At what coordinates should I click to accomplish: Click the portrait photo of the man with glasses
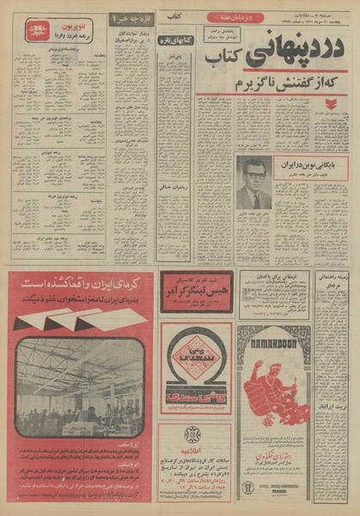coord(254,183)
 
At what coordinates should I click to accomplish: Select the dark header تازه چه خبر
coord(132,16)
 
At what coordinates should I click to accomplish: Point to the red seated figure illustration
coord(275,391)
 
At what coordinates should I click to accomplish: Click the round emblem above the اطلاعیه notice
coord(194,435)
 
